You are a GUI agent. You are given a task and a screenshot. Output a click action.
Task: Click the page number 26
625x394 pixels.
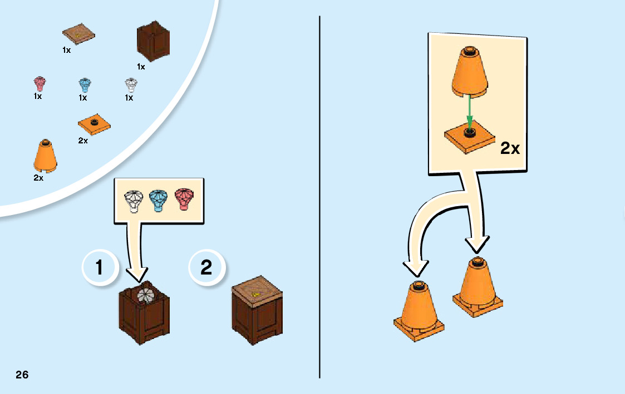click(22, 375)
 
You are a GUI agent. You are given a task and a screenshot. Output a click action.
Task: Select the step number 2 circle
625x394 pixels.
click(206, 268)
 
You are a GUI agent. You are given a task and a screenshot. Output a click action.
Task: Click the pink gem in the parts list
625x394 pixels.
click(39, 84)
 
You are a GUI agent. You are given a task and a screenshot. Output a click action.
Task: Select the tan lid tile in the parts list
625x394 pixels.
click(78, 36)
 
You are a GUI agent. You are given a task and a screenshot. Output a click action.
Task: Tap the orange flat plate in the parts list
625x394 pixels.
click(93, 123)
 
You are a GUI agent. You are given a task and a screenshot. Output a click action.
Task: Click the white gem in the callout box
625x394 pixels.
click(134, 201)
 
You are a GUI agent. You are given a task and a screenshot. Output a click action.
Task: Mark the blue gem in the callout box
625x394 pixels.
click(160, 200)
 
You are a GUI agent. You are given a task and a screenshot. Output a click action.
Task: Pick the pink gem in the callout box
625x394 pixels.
click(186, 200)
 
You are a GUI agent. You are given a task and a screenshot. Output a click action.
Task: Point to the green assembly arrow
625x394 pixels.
click(470, 111)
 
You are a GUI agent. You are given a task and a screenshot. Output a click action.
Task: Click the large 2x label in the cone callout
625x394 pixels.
click(510, 148)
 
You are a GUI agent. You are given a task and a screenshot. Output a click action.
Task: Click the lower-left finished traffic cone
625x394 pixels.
click(419, 311)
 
